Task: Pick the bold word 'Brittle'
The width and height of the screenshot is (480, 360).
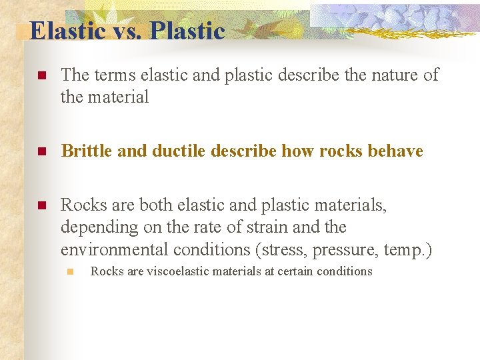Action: tap(87, 151)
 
